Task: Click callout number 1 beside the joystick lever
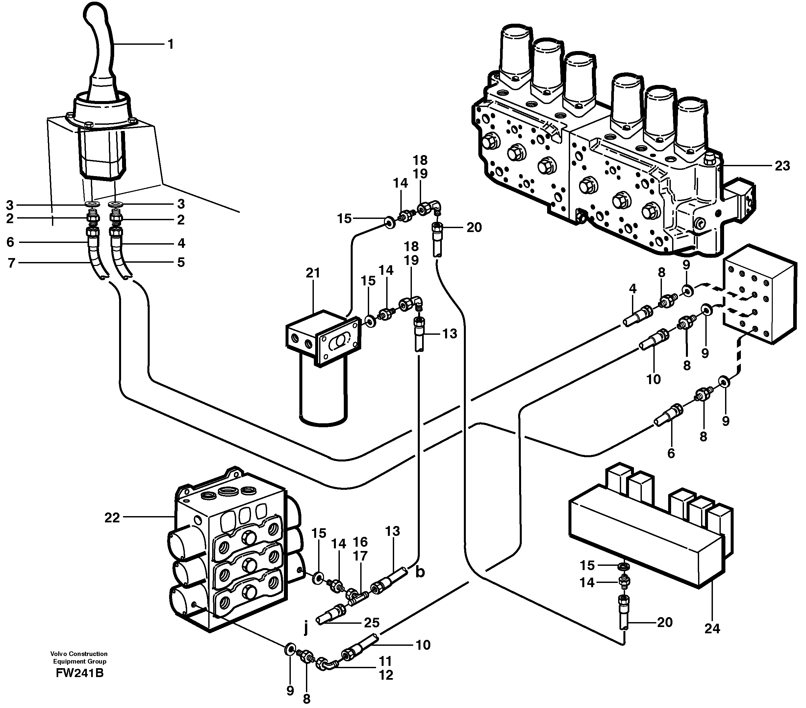tap(170, 44)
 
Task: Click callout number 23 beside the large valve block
tap(782, 166)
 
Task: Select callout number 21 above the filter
tap(313, 273)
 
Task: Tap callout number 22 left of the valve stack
tap(112, 517)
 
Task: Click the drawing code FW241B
tap(80, 673)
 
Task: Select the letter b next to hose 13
tap(420, 572)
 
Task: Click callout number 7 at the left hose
tap(11, 263)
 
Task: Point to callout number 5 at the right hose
tap(181, 262)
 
